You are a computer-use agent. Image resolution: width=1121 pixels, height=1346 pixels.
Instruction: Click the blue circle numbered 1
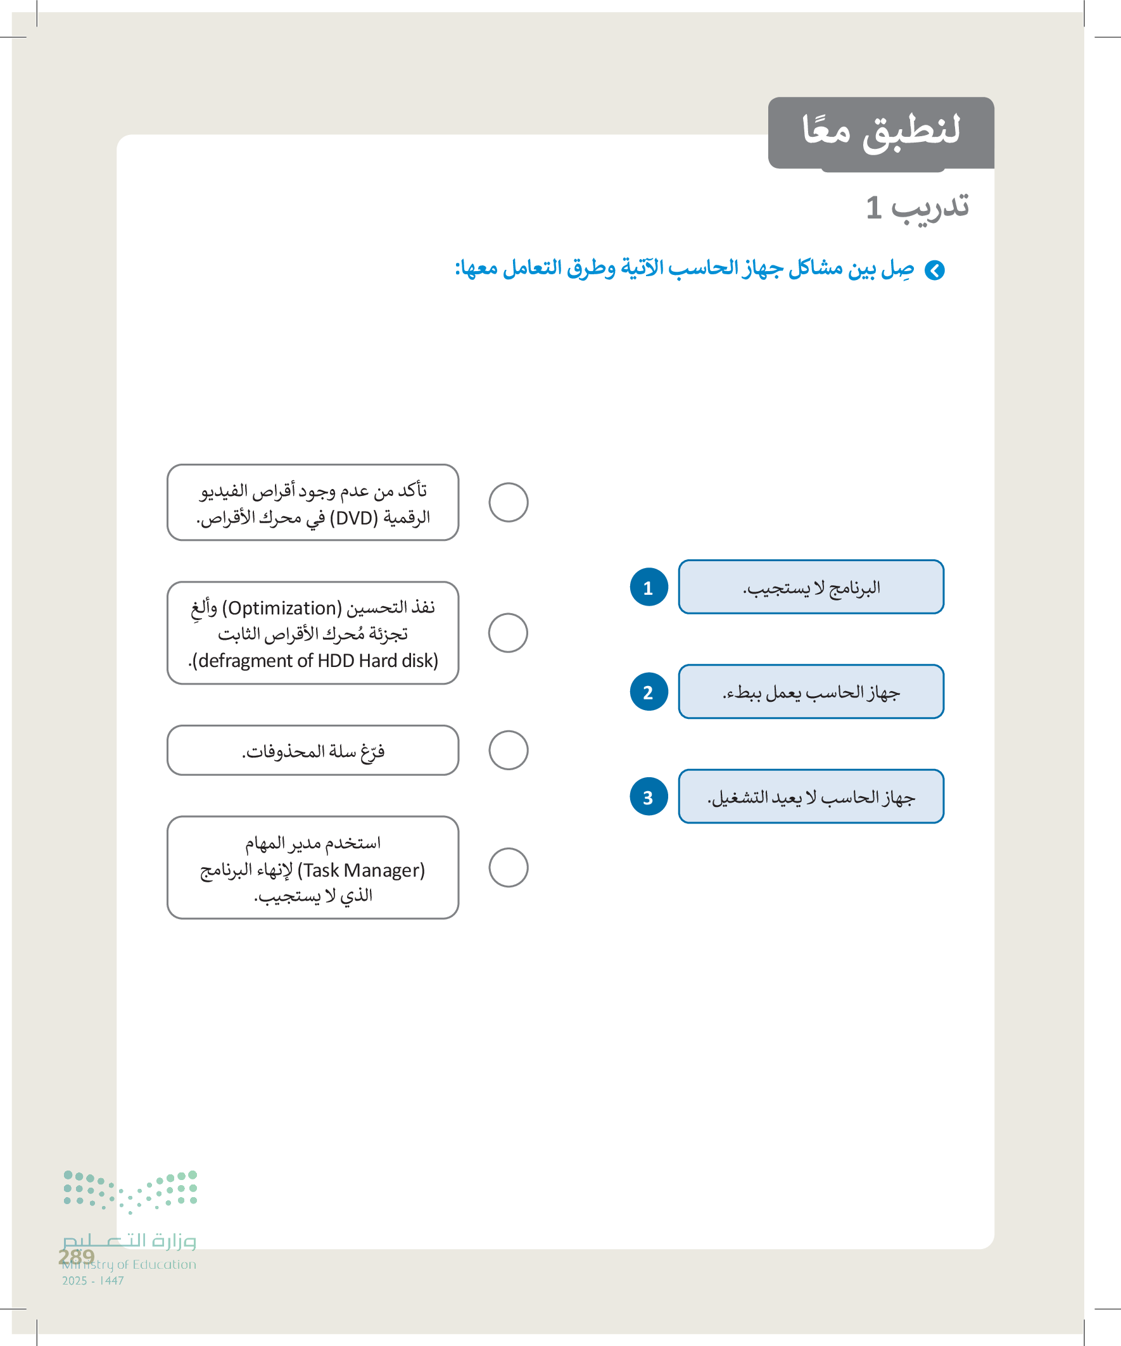click(649, 587)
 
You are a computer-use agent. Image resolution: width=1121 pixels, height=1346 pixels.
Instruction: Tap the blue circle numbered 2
click(649, 692)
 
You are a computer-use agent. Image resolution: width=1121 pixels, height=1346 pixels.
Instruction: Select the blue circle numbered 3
click(649, 797)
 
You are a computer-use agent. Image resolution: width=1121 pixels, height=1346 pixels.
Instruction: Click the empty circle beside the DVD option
click(509, 502)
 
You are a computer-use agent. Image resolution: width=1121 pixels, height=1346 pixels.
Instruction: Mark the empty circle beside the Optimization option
click(509, 633)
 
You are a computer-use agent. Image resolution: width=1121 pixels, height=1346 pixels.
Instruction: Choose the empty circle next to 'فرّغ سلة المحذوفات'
click(509, 750)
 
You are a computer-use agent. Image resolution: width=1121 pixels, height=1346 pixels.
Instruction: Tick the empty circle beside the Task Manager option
click(509, 867)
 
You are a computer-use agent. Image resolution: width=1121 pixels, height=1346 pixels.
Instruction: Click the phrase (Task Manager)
click(362, 870)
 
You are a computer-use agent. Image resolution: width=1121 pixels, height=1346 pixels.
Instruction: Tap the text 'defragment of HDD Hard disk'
click(313, 661)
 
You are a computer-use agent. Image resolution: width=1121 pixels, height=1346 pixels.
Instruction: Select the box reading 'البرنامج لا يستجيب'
click(811, 587)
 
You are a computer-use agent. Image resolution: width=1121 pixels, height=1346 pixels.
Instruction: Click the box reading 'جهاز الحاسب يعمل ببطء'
click(811, 692)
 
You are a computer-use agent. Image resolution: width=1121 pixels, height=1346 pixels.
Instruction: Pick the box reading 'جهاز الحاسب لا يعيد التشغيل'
click(811, 797)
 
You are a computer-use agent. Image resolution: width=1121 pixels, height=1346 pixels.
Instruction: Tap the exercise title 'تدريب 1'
click(916, 207)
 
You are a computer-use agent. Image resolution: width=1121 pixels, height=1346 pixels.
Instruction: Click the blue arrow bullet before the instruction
click(935, 270)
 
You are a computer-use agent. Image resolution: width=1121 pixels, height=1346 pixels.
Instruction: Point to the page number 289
click(76, 1257)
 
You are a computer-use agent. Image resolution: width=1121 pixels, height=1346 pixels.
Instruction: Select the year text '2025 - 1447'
click(93, 1281)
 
